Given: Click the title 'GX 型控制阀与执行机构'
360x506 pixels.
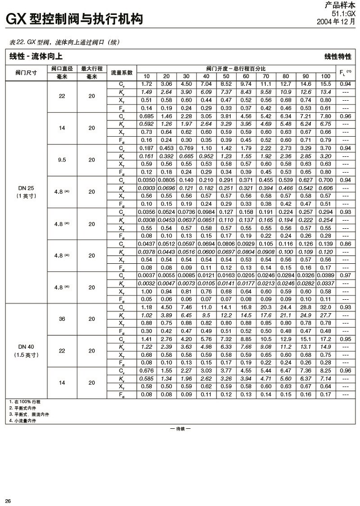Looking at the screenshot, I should pos(74,20).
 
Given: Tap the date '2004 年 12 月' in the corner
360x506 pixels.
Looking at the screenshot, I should pos(336,22).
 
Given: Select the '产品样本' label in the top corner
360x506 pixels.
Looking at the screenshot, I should pos(342,6).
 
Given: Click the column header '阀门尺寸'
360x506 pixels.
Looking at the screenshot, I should pos(26,72).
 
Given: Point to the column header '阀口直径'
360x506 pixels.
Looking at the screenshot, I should pos(62,69).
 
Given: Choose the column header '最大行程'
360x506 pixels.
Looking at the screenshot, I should pos(92,69).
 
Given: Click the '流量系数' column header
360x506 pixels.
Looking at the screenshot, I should pos(121,72).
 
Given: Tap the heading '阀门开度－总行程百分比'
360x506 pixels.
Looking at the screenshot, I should pos(236,69).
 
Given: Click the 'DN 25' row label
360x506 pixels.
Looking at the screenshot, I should pos(26,189).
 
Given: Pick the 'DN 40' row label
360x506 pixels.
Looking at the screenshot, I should pos(26,347).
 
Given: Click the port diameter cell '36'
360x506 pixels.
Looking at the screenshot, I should pos(62,318).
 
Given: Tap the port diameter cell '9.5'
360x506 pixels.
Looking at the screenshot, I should pos(62,160).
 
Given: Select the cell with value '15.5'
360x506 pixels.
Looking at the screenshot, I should pos(325,84).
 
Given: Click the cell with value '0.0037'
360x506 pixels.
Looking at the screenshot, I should pos(146,276).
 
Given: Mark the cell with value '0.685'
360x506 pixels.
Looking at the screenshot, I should pos(146,116).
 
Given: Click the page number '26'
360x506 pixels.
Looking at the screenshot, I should pos(8,501).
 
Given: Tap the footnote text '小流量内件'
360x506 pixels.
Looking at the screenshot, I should pos(24,421).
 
